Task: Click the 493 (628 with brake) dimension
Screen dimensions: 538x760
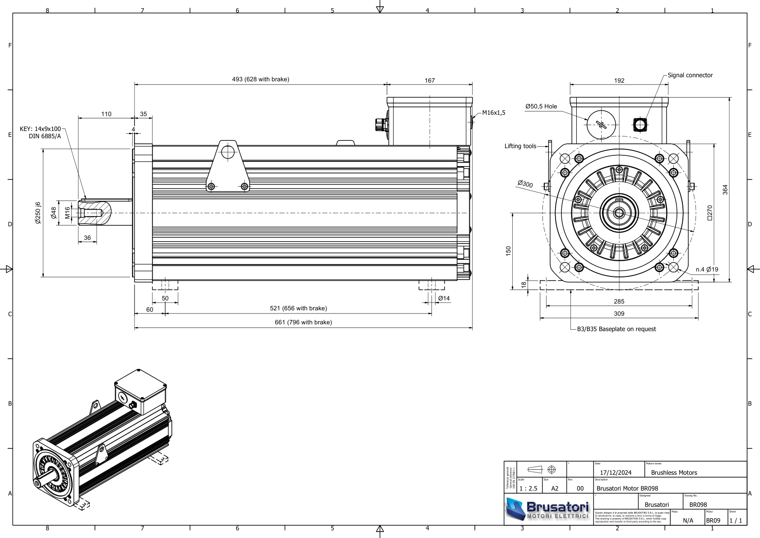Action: (x=260, y=80)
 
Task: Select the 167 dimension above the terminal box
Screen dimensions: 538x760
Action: (x=430, y=80)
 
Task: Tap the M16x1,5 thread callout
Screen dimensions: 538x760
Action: (x=494, y=113)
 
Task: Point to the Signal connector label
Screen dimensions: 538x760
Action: (x=690, y=75)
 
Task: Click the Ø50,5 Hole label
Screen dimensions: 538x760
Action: (x=541, y=107)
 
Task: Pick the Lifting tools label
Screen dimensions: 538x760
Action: (x=520, y=146)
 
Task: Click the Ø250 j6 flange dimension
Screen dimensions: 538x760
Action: (x=38, y=213)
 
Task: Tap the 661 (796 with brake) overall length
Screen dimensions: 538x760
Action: (x=303, y=323)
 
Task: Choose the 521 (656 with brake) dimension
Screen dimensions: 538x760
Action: (x=298, y=309)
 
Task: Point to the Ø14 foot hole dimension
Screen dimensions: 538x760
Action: (x=444, y=298)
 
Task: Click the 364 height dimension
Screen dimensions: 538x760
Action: (x=725, y=190)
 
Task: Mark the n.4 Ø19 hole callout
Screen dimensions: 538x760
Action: (x=707, y=270)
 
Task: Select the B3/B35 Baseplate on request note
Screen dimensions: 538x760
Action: (x=616, y=329)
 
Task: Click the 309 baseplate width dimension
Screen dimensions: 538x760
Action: (x=619, y=314)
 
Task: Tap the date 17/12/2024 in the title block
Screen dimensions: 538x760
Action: (x=616, y=473)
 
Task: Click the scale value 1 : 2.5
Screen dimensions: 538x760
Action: (x=528, y=489)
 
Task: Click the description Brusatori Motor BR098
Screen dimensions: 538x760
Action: (x=627, y=489)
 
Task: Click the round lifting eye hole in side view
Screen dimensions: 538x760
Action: (x=228, y=152)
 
